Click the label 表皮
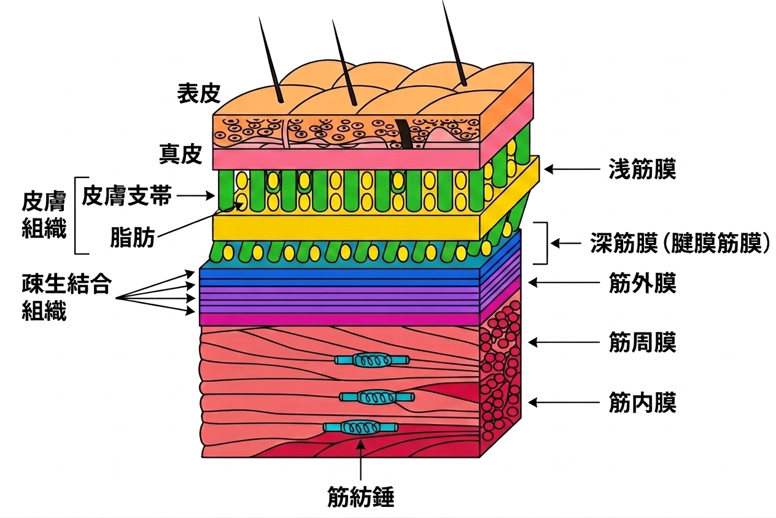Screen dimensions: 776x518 click(x=199, y=93)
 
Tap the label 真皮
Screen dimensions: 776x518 click(x=181, y=154)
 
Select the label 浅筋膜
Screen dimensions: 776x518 click(x=642, y=169)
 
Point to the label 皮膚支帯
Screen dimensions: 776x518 click(x=127, y=196)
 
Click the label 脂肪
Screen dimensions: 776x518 click(x=133, y=238)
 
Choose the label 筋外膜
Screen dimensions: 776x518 click(x=642, y=283)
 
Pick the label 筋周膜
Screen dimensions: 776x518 click(x=642, y=342)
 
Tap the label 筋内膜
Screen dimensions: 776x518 click(x=642, y=403)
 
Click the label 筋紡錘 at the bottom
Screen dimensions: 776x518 click(x=360, y=497)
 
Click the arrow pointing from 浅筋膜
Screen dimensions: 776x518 click(x=572, y=169)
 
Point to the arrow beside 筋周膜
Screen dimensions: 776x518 click(x=564, y=342)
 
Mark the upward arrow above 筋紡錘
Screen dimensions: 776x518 click(x=360, y=459)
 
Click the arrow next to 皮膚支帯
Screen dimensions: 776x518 click(x=196, y=196)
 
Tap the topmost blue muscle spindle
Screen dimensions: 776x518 click(x=371, y=360)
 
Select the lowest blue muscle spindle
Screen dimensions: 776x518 click(x=360, y=428)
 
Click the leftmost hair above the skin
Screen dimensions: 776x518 click(x=271, y=60)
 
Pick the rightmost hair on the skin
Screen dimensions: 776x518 click(x=454, y=43)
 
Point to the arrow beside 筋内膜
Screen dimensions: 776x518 click(x=564, y=403)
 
